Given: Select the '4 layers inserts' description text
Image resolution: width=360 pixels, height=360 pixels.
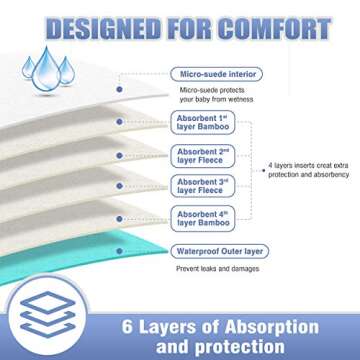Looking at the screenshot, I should pyautogui.click(x=311, y=171).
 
